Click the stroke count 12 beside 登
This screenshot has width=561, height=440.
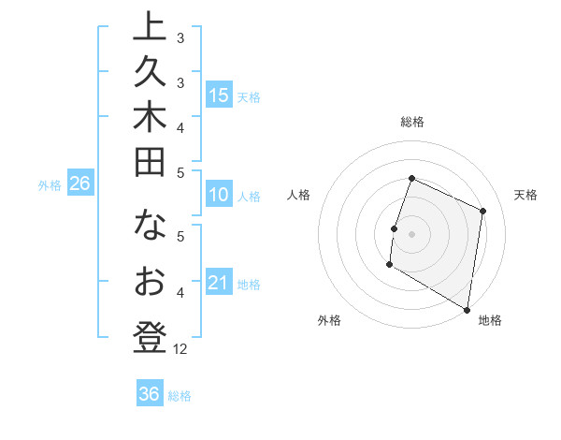pyautogui.click(x=180, y=349)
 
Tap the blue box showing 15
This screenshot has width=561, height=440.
pyautogui.click(x=219, y=95)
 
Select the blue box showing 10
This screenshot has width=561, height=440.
pyautogui.click(x=219, y=195)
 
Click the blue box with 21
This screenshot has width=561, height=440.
pyautogui.click(x=219, y=283)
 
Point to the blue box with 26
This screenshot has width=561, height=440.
pyautogui.click(x=79, y=183)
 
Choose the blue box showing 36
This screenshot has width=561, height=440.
pyautogui.click(x=150, y=394)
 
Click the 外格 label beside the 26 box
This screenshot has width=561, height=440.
pyautogui.click(x=49, y=185)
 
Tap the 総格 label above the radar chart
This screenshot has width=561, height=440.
pyautogui.click(x=411, y=122)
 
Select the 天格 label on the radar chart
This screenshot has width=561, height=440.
pyautogui.click(x=525, y=195)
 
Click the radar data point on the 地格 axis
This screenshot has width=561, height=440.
pyautogui.click(x=467, y=309)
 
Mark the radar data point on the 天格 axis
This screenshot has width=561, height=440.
pyautogui.click(x=483, y=211)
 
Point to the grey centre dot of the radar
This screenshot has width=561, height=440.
pyautogui.click(x=411, y=233)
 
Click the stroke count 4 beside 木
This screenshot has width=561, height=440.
pyautogui.click(x=180, y=126)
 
